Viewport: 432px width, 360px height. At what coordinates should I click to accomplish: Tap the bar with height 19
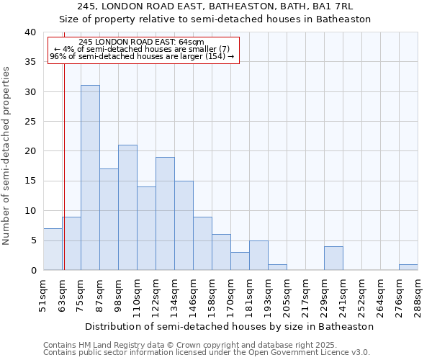[165, 213]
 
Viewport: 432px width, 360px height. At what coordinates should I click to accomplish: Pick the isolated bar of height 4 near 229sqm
[333, 258]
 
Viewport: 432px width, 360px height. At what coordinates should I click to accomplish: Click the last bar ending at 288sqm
[408, 267]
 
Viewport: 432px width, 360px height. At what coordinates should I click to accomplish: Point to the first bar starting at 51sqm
[53, 249]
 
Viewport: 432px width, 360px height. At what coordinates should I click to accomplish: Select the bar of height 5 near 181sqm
[258, 255]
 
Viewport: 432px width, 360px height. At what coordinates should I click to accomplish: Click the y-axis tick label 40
[30, 32]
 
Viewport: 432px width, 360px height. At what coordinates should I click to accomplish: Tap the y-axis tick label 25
[30, 122]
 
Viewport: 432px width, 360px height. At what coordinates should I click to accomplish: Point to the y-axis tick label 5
[32, 240]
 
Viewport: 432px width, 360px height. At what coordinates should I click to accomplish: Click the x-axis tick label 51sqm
[42, 295]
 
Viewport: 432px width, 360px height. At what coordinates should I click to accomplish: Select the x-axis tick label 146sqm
[192, 295]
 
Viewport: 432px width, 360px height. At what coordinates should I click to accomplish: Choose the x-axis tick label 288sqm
[417, 295]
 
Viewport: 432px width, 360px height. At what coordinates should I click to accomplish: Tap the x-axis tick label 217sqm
[305, 295]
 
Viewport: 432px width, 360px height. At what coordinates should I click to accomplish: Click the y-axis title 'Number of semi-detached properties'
[7, 156]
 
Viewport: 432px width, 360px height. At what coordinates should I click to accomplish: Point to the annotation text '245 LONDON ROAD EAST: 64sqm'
[141, 42]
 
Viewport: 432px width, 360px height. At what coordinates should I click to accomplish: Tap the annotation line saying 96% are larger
[142, 56]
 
